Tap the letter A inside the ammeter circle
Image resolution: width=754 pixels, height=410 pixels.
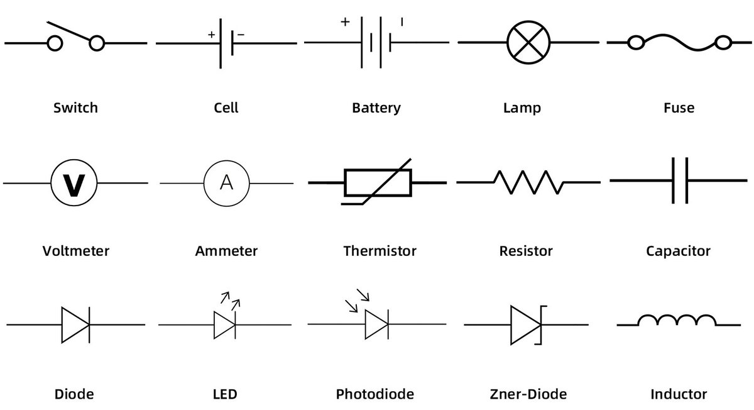(x=226, y=183)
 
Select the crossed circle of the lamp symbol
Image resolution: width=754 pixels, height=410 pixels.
(x=529, y=43)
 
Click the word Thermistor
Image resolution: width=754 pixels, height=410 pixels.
(x=380, y=252)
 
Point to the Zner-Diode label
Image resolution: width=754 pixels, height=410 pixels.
(x=528, y=395)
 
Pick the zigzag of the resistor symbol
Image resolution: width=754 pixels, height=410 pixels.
(x=528, y=182)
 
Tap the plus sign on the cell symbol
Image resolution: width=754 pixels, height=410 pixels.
(x=212, y=35)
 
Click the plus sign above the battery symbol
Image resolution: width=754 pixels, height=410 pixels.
(x=344, y=22)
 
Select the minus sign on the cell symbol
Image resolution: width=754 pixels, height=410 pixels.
(x=241, y=35)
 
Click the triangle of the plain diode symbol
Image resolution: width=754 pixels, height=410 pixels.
(x=74, y=324)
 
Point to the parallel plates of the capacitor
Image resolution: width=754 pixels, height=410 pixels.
(x=680, y=180)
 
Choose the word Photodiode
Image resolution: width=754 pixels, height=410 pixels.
(x=375, y=395)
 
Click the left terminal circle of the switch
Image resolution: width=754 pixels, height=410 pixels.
(x=55, y=43)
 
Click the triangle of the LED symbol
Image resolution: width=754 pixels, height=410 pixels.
(x=224, y=324)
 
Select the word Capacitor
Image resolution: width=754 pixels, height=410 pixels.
(x=678, y=252)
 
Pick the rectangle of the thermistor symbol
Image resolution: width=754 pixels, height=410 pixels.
(x=378, y=182)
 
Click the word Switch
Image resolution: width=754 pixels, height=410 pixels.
(x=75, y=108)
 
